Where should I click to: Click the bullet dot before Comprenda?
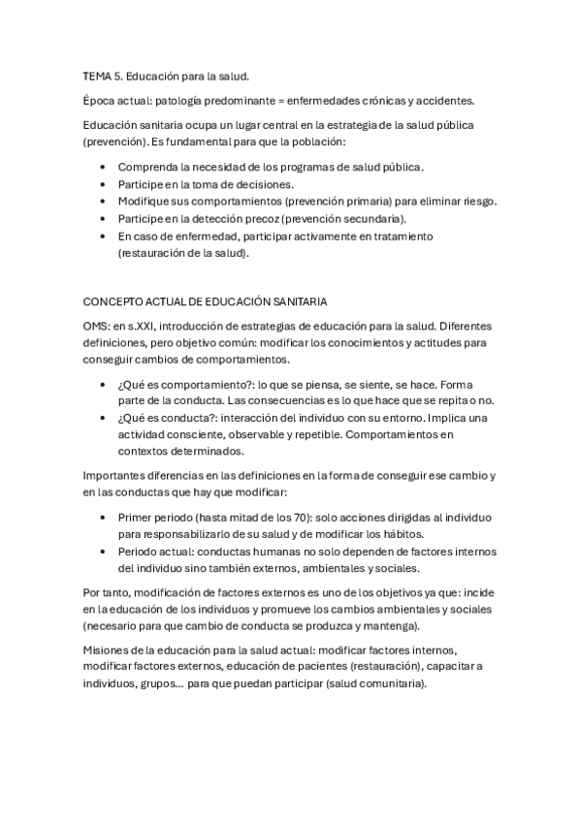point(104,168)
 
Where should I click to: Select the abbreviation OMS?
point(97,327)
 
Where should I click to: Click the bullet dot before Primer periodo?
point(104,518)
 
